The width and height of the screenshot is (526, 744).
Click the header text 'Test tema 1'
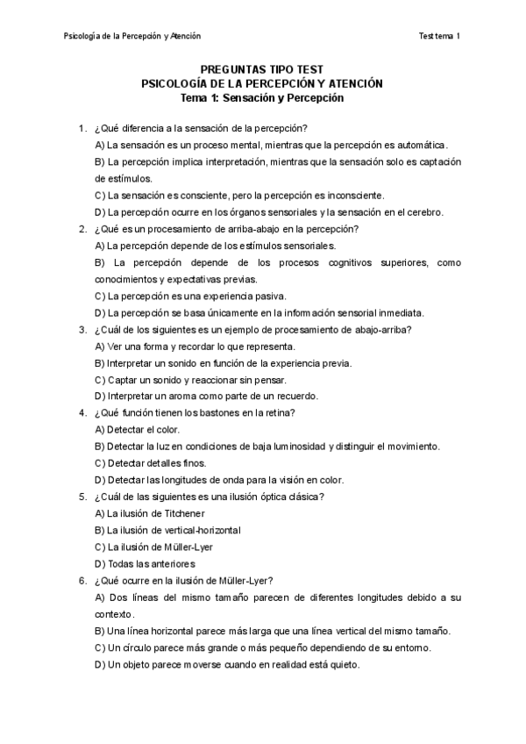coord(440,36)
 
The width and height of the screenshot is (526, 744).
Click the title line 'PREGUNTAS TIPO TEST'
coord(263,69)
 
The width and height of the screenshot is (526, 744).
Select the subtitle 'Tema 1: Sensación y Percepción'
coord(263,98)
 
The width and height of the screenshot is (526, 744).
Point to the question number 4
coord(82,412)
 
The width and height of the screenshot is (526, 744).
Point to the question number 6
coord(82,580)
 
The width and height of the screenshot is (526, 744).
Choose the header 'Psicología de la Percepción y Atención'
coord(133,36)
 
